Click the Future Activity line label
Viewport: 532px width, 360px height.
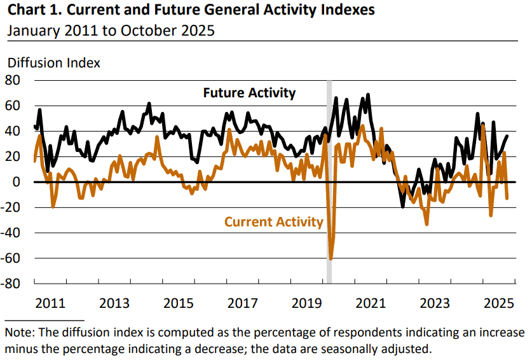pos(249,93)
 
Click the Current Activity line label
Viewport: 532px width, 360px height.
pos(274,222)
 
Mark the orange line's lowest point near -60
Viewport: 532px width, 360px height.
pos(331,258)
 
